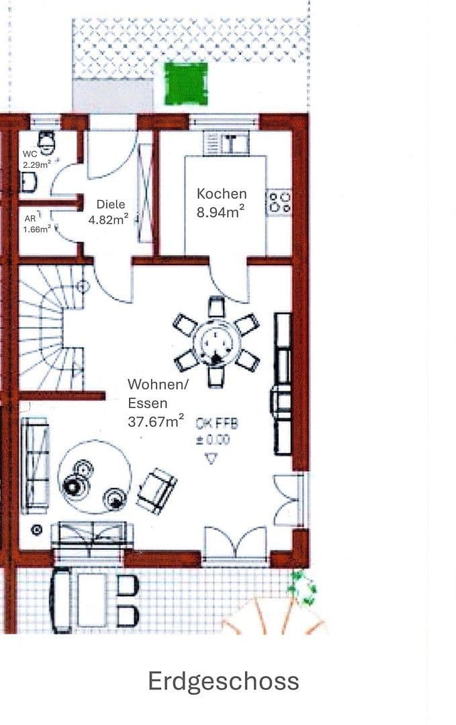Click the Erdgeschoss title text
tap(223, 681)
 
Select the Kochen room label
tap(221, 193)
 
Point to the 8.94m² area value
tap(220, 213)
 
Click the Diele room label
tap(111, 204)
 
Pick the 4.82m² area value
tap(109, 219)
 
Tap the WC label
tap(30, 154)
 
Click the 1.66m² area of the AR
tap(37, 229)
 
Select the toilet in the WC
tap(46, 140)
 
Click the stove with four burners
tap(279, 202)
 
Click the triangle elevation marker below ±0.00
tap(212, 459)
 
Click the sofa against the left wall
tap(35, 465)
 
